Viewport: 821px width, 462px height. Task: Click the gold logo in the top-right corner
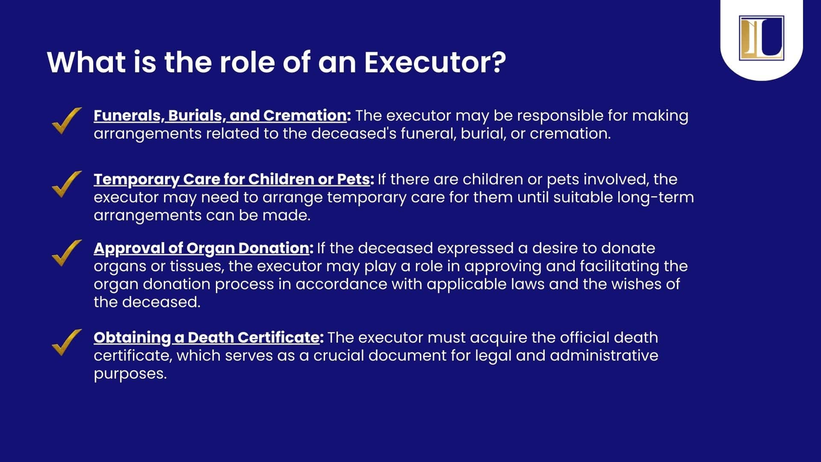[x=761, y=38]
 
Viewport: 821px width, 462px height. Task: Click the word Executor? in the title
[x=435, y=62]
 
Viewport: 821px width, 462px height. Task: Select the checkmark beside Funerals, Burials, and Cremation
[x=67, y=121]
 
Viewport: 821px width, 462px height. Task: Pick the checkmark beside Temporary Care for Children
[x=67, y=184]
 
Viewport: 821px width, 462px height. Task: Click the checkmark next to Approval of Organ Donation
[x=67, y=253]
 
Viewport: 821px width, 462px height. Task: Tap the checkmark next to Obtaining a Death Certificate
[x=67, y=343]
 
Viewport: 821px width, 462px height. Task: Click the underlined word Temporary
[x=136, y=180]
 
